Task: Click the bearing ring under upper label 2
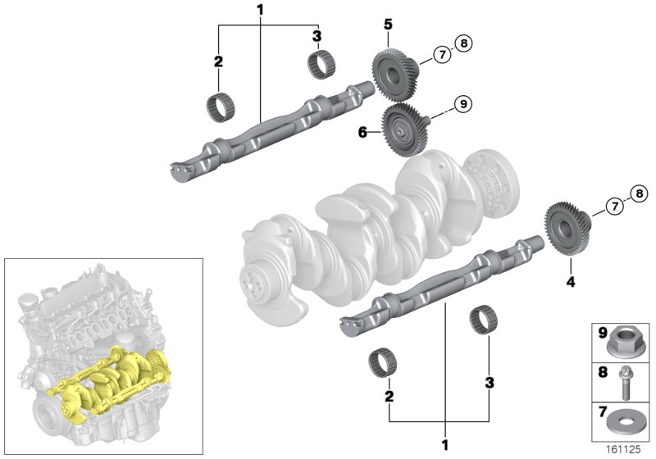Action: tap(219, 106)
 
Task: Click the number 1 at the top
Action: tap(260, 10)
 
